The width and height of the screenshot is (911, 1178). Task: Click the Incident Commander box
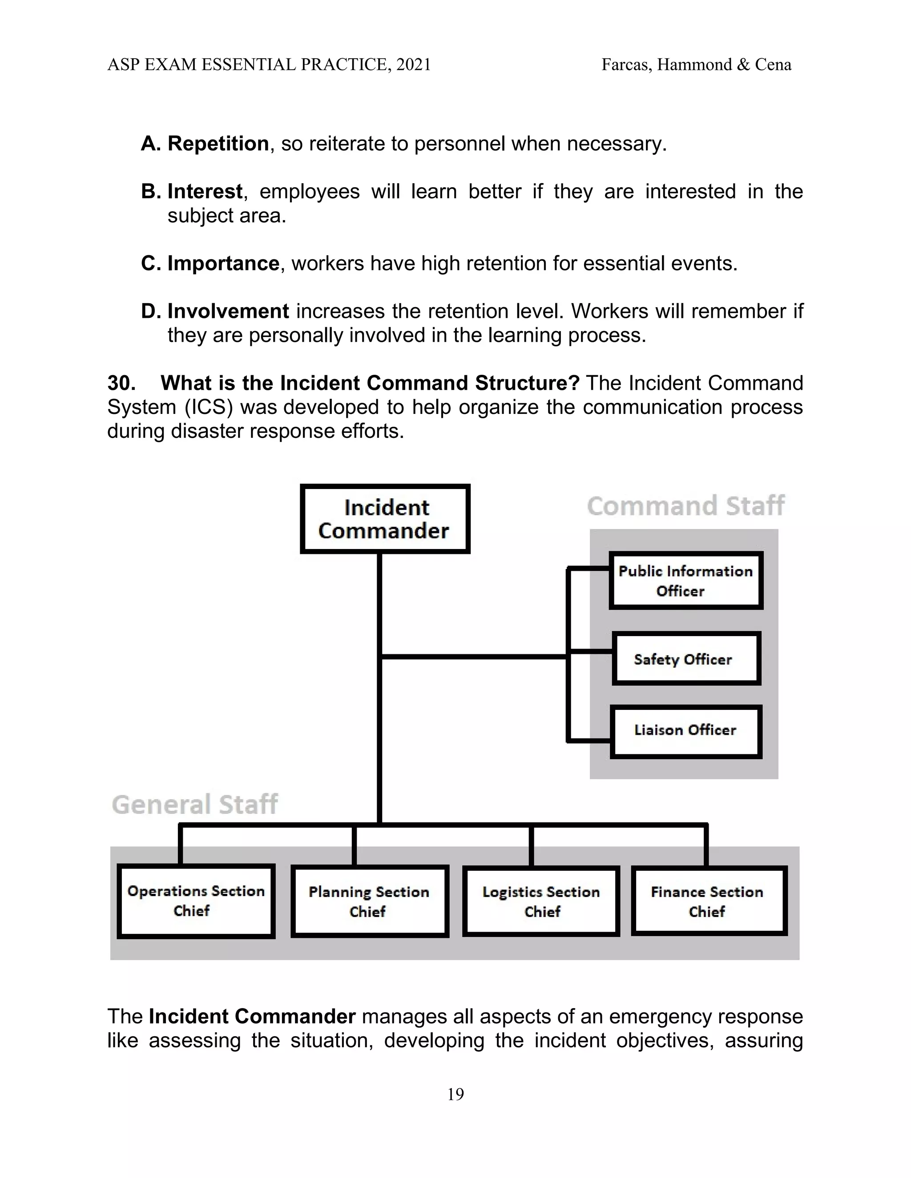(385, 519)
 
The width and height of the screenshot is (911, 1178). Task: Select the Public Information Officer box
(685, 581)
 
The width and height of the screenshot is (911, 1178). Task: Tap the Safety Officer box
(686, 659)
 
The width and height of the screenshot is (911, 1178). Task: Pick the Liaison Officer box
(685, 730)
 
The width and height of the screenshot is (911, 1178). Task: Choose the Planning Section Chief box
(370, 902)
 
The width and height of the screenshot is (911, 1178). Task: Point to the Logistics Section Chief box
(541, 902)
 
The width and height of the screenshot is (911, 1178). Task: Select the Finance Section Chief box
(709, 902)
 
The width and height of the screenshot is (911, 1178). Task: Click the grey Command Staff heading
(685, 506)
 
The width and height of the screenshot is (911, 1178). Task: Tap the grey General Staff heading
(194, 804)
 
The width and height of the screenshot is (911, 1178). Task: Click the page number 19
(455, 1094)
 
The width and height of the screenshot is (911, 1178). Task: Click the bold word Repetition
(218, 144)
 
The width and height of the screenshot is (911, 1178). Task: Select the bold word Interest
(205, 192)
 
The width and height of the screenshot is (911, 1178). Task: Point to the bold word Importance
(223, 263)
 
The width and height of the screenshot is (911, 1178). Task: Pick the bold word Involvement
(228, 311)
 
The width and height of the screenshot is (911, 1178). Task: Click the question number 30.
(121, 383)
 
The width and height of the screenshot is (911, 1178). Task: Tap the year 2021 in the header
(413, 65)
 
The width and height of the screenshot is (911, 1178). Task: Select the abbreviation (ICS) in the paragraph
(208, 407)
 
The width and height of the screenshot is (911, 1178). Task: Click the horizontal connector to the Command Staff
(474, 657)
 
